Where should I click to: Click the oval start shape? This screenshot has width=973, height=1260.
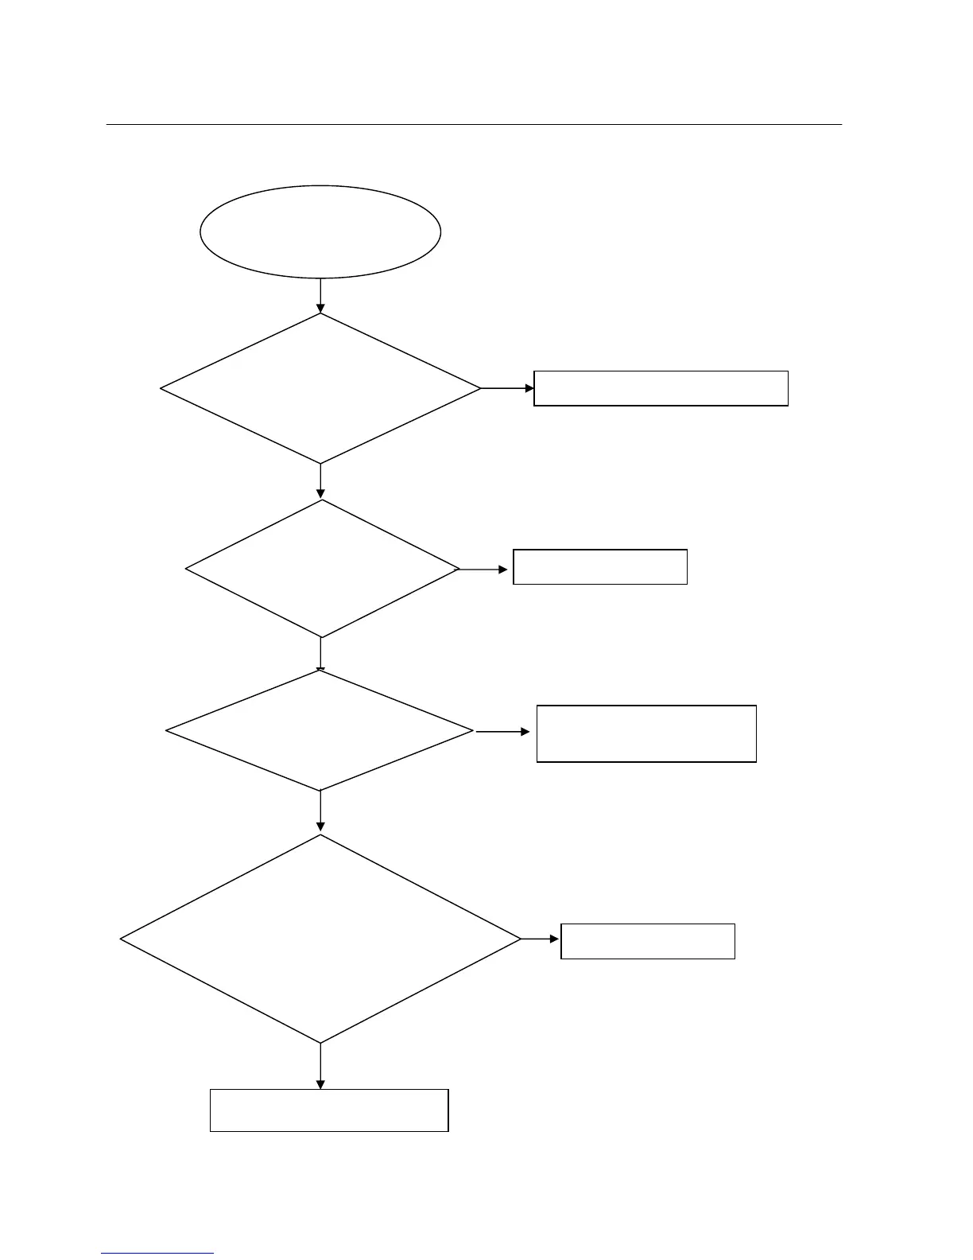[x=320, y=231]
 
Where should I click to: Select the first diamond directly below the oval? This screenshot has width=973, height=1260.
[x=320, y=388]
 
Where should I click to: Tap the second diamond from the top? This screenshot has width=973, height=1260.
[x=322, y=569]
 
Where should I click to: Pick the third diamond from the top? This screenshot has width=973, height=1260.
[x=320, y=730]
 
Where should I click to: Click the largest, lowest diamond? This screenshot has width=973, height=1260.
[x=320, y=939]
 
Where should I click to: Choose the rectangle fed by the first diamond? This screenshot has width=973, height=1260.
[x=661, y=388]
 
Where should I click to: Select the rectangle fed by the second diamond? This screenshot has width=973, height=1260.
[x=600, y=567]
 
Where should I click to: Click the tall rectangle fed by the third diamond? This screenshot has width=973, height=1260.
[x=646, y=733]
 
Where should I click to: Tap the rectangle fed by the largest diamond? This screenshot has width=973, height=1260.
[x=648, y=941]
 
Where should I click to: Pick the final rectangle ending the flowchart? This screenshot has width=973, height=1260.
[x=329, y=1110]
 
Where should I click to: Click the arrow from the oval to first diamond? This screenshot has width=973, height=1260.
[x=320, y=296]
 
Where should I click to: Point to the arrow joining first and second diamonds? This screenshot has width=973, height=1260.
[x=320, y=481]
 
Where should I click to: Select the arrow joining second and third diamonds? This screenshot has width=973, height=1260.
[x=320, y=655]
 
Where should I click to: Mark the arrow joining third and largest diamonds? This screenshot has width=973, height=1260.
[x=320, y=812]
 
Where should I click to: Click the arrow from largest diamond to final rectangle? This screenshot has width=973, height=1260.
[x=320, y=1066]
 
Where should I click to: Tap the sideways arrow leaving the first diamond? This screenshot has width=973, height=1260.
[x=508, y=388]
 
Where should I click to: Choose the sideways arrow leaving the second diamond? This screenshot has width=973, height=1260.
[x=484, y=570]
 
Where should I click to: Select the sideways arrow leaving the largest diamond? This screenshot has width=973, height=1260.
[x=541, y=939]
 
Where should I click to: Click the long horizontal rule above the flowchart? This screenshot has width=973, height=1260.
[x=474, y=125]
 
